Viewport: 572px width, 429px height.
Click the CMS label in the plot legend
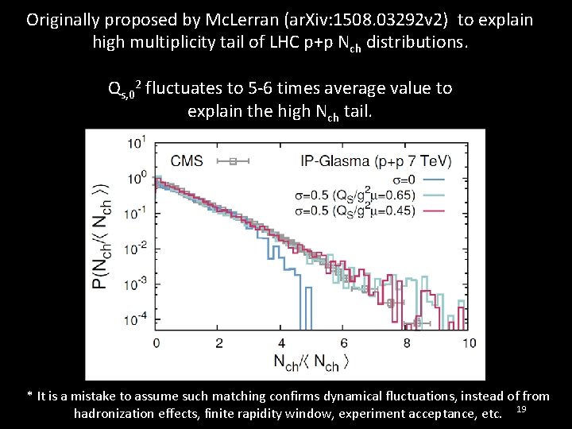pos(187,161)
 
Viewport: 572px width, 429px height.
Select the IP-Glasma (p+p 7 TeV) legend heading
pos(376,161)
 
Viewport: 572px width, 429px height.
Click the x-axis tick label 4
pos(282,343)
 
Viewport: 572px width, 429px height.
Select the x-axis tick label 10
pos(469,343)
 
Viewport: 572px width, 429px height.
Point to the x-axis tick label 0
pos(156,343)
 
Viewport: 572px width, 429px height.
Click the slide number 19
pos(521,409)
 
